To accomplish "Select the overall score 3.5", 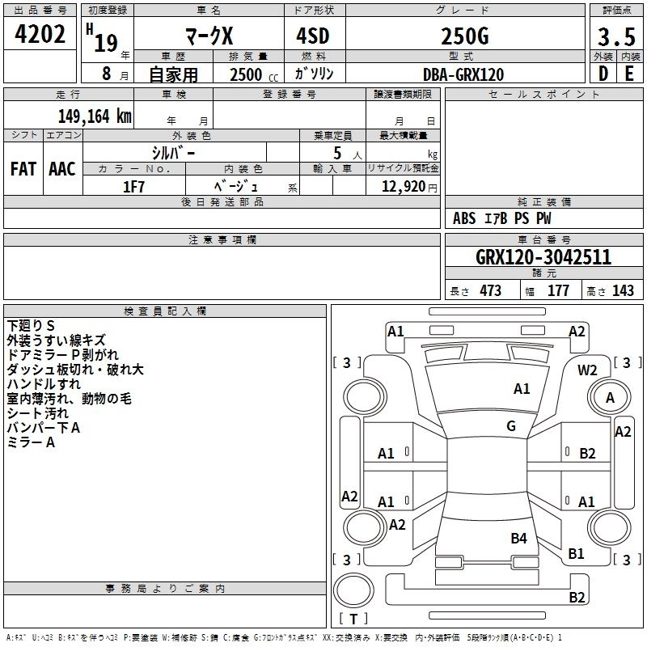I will click(615, 37).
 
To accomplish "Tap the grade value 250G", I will click(464, 36).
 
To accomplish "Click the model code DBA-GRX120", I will click(463, 74).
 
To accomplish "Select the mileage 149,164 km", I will click(95, 116).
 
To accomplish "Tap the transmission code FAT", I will click(23, 169).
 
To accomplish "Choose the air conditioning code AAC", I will click(62, 169).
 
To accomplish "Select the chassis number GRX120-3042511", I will click(543, 258).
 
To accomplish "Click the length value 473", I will click(489, 291).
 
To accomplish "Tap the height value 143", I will click(623, 291).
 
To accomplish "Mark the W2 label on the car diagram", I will click(587, 370).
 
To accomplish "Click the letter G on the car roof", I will click(511, 426).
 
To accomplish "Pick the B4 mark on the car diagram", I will click(518, 538).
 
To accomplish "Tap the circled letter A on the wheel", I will click(610, 397).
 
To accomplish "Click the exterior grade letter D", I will click(603, 74).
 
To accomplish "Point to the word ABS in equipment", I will click(464, 218).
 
